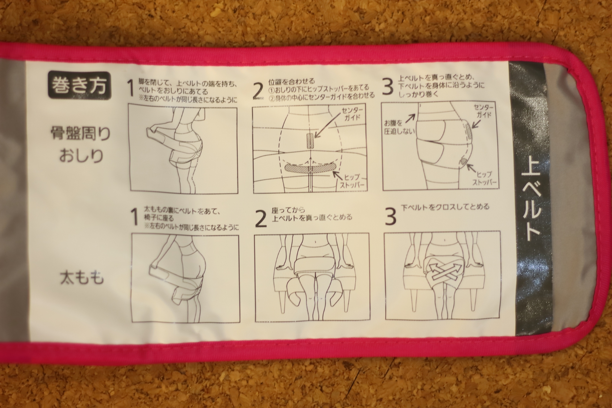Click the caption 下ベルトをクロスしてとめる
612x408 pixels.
pyautogui.click(x=445, y=207)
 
